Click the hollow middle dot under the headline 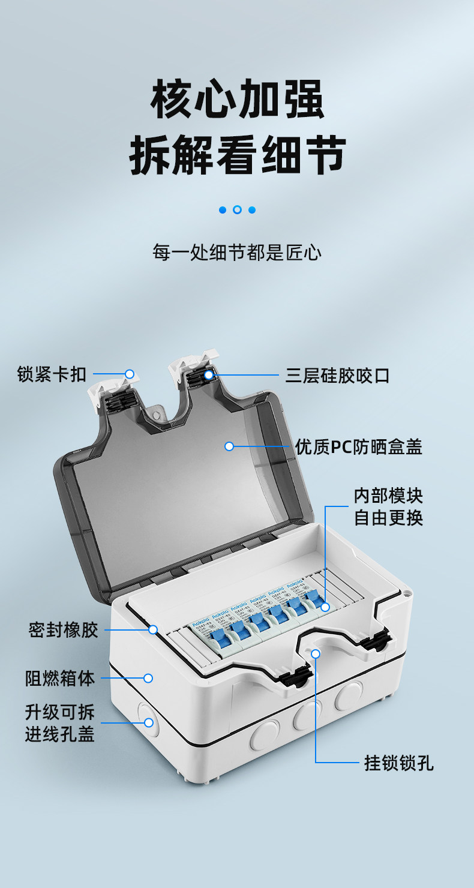[x=237, y=210]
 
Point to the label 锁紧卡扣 [x=52, y=376]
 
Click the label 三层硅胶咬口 [x=338, y=376]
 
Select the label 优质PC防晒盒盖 [x=358, y=447]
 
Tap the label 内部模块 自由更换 [x=388, y=506]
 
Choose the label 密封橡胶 [x=63, y=630]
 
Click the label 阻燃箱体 [x=60, y=679]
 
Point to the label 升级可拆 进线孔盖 [x=60, y=723]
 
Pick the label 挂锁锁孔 [x=399, y=763]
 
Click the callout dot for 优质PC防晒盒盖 [x=229, y=446]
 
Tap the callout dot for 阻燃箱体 [x=148, y=678]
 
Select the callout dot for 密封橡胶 [x=153, y=629]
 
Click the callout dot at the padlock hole [x=316, y=652]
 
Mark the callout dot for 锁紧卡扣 [x=129, y=374]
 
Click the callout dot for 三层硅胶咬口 [x=208, y=376]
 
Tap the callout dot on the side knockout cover [x=148, y=722]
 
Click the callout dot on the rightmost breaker [x=325, y=607]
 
